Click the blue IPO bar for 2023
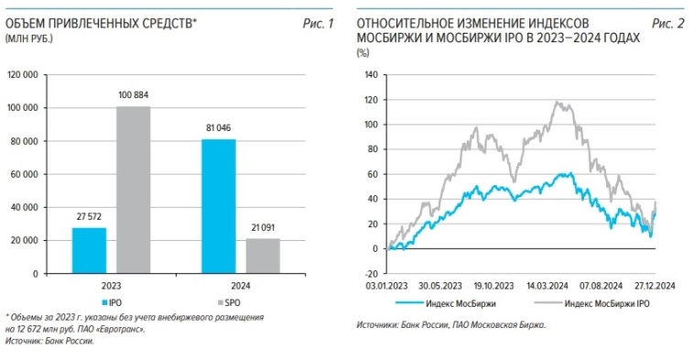(x=90, y=250)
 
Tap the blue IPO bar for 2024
(x=219, y=206)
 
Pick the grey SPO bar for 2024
(x=263, y=256)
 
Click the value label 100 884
(x=134, y=97)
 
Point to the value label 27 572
(x=90, y=218)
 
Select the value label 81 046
(x=219, y=129)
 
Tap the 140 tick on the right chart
(x=370, y=75)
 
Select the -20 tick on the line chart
(x=370, y=273)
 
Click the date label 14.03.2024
(x=547, y=285)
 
